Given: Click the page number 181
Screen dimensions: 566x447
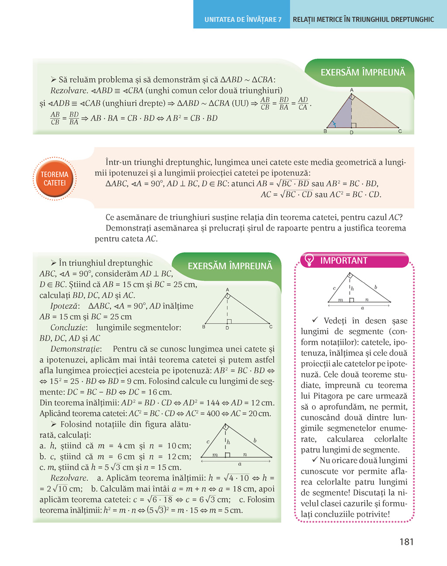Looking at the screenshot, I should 406,542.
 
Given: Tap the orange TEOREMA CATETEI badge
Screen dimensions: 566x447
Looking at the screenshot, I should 55,179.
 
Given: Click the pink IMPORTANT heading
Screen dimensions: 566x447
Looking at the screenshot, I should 344,261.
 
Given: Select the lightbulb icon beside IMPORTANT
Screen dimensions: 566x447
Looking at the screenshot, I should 309,260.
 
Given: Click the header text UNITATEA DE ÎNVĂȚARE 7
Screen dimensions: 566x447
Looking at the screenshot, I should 243,20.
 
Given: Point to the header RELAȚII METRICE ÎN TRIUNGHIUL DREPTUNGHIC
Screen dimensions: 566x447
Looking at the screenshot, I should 363,20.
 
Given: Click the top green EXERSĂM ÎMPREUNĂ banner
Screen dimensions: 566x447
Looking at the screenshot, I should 363,72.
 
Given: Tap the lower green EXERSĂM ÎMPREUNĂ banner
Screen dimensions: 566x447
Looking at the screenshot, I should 230,266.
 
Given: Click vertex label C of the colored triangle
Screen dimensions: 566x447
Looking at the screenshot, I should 400,131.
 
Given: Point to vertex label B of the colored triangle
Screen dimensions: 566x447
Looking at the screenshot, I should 325,131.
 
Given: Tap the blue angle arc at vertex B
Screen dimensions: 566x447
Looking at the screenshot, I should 334,124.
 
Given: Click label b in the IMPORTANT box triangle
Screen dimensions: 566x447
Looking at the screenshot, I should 375,287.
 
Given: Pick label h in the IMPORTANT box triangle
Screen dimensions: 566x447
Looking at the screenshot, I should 352,288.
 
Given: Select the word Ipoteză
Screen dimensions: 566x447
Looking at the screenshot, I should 65,306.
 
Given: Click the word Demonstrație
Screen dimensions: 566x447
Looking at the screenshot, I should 76,349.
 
